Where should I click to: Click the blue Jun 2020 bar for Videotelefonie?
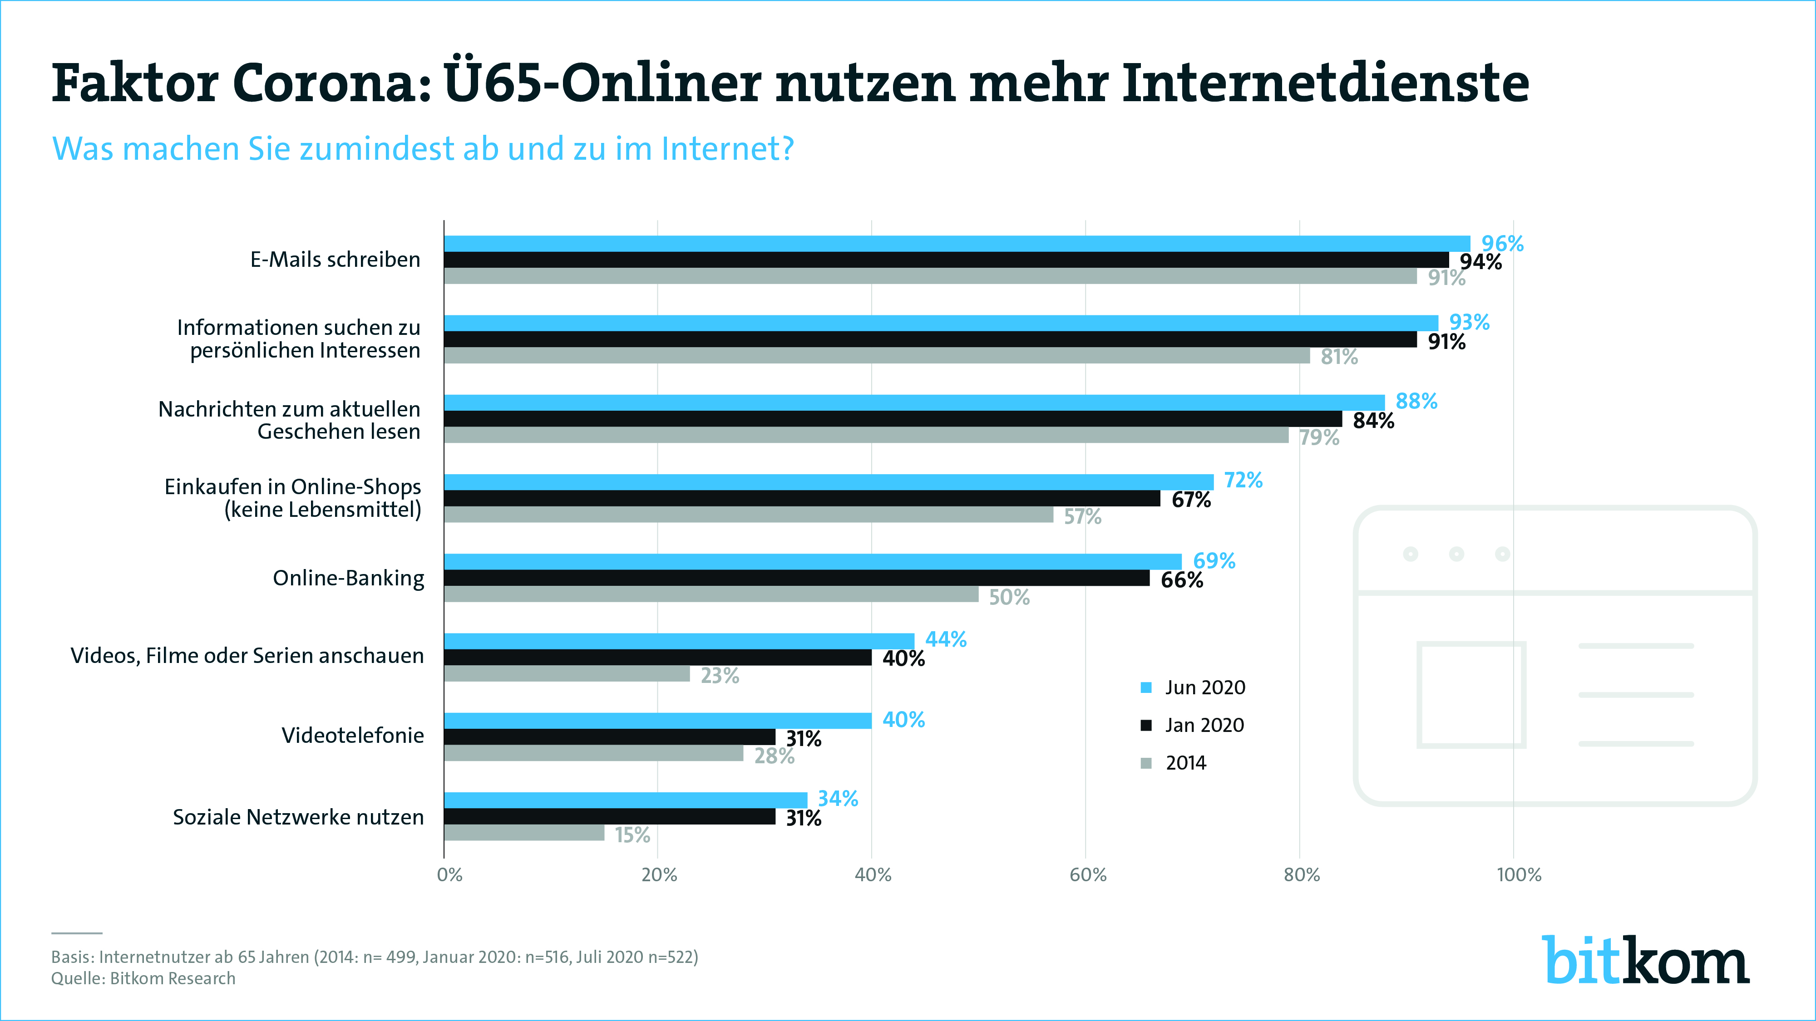click(658, 720)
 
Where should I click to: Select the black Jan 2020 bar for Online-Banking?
click(797, 578)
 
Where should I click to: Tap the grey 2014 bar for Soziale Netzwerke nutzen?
click(524, 833)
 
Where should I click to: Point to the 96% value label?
click(1502, 244)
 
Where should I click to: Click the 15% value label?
click(632, 835)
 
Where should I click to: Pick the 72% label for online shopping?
click(1244, 481)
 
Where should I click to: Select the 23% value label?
click(720, 676)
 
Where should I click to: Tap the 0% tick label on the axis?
click(450, 875)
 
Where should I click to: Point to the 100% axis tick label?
click(1519, 875)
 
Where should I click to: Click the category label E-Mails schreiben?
click(335, 259)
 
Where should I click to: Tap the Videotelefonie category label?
click(352, 736)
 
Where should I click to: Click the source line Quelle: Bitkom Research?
click(143, 979)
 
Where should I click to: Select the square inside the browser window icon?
click(1471, 694)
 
